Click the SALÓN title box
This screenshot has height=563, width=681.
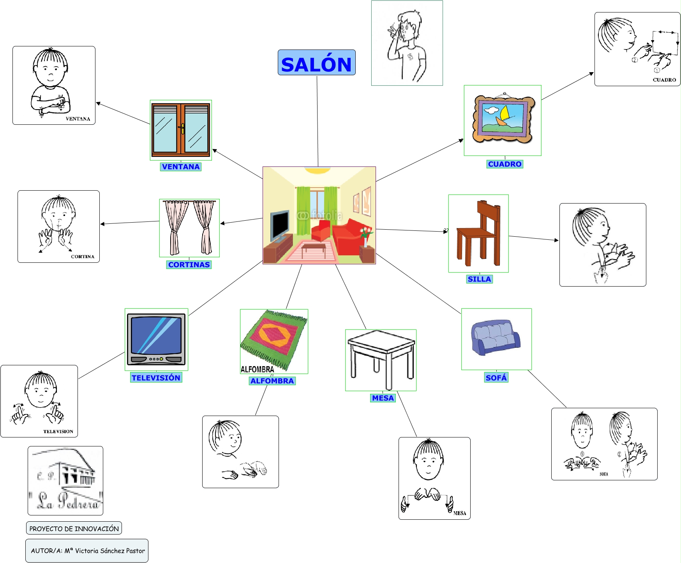pos(316,62)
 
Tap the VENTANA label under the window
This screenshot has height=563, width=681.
pos(181,167)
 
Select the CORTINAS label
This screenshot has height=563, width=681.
pos(189,265)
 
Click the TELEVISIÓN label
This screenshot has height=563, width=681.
pos(156,378)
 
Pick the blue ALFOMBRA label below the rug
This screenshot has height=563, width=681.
pos(272,381)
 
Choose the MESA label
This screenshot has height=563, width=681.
pos(383,398)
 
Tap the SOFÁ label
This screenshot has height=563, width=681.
pos(496,377)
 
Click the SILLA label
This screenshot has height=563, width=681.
pos(479,279)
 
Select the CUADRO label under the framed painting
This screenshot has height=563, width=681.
pos(505,164)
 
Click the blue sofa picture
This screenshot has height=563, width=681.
pos(496,337)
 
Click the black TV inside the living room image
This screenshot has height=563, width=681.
pos(280,225)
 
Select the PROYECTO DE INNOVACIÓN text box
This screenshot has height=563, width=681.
pos(74,528)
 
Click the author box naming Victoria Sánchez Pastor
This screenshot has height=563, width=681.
pos(87,551)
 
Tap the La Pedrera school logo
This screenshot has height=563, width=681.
pos(65,480)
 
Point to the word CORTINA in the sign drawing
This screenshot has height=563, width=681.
pos(83,257)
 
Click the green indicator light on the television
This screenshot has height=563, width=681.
pos(161,359)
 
